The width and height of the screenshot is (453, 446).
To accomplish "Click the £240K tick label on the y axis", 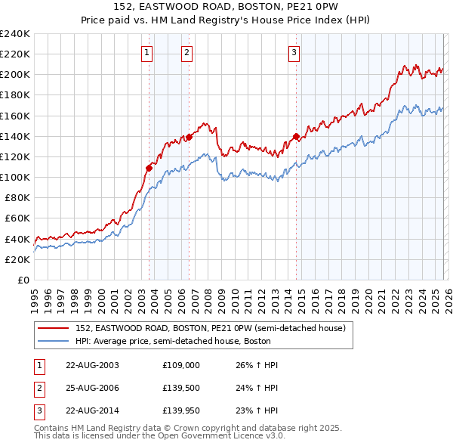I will (15, 34).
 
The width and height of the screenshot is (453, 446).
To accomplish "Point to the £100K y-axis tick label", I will (15, 177).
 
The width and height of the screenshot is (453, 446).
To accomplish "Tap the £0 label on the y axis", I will (23, 280).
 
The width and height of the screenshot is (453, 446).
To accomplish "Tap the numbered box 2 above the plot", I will (186, 52).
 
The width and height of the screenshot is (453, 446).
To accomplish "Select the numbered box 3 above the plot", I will (294, 52).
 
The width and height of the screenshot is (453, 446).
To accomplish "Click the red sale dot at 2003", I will (149, 168).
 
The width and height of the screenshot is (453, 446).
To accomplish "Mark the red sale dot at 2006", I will (190, 137).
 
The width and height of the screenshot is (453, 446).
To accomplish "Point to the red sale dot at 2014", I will (296, 137).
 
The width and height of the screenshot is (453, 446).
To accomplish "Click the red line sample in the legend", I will (53, 328).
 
